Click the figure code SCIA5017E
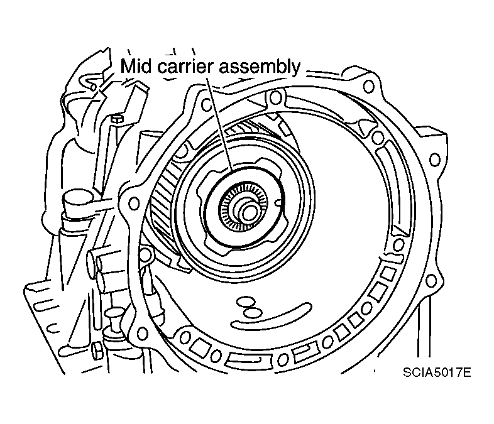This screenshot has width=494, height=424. (437, 372)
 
